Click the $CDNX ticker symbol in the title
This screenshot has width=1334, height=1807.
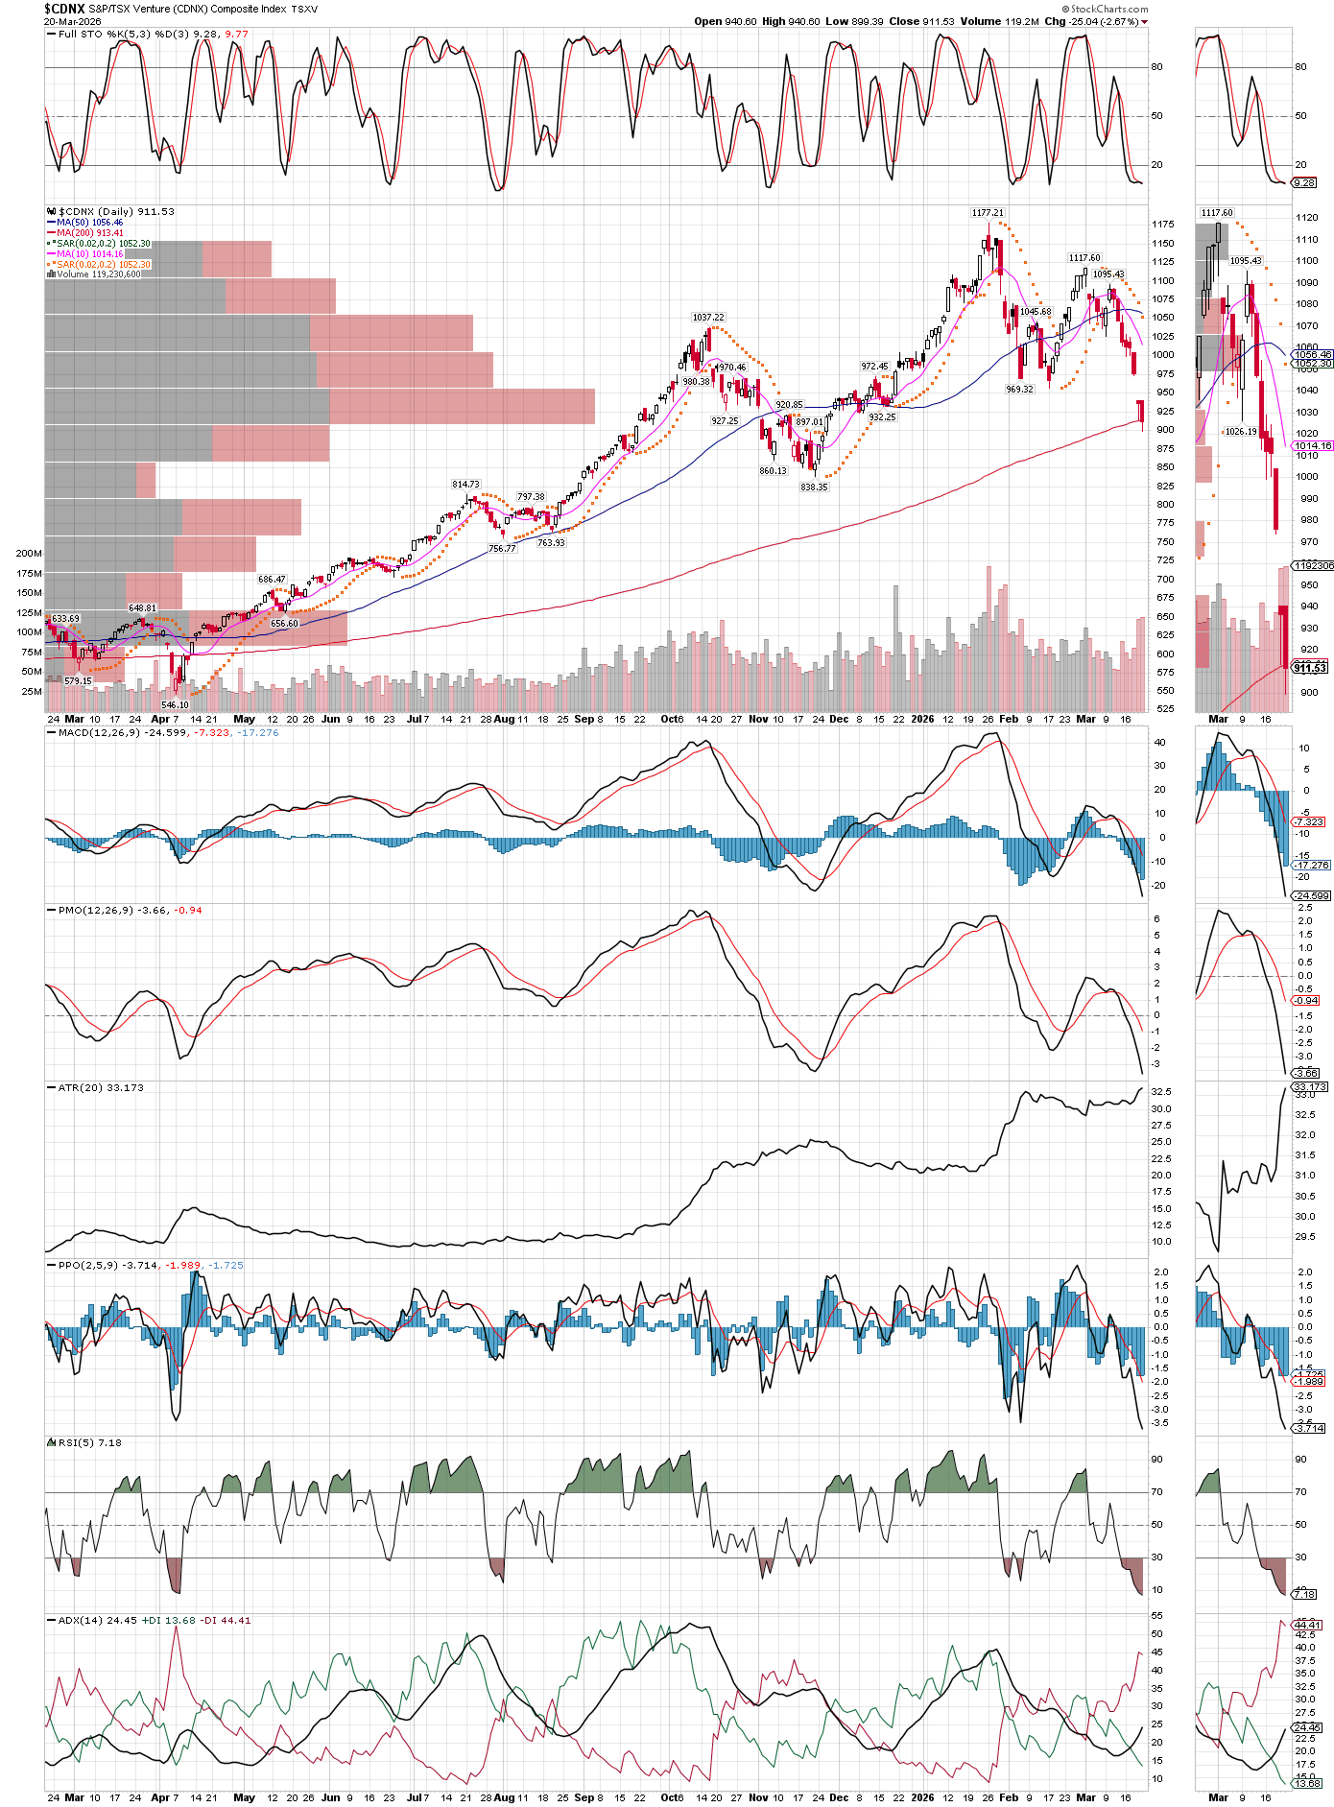(x=64, y=9)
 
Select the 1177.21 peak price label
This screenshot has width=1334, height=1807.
(x=988, y=213)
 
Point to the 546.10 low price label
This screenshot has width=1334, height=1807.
(x=175, y=704)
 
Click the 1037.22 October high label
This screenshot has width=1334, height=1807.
(x=708, y=317)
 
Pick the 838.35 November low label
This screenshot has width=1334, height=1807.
(x=814, y=487)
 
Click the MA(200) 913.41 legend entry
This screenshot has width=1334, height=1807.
(x=90, y=233)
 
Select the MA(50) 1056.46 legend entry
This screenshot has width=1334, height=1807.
(x=90, y=223)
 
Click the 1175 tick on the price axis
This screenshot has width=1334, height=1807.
(x=1164, y=225)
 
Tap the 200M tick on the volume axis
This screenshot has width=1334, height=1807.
(x=29, y=554)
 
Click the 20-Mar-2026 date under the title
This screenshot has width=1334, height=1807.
(x=72, y=21)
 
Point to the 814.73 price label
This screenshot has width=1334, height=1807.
(x=465, y=485)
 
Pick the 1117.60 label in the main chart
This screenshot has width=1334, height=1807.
(x=1084, y=258)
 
